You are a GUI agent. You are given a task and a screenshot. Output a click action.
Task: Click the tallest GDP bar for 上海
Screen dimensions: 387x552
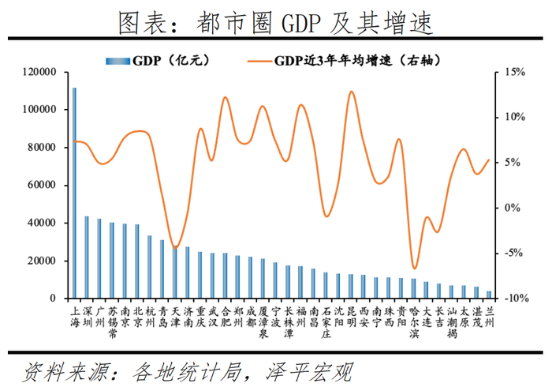[75, 193]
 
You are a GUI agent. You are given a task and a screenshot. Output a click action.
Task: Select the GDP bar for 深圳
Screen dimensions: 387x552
[87, 257]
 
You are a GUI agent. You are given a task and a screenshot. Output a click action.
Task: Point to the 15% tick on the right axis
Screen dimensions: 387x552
[514, 72]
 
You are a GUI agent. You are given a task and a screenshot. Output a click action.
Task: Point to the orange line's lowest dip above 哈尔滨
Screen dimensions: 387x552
[413, 269]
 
